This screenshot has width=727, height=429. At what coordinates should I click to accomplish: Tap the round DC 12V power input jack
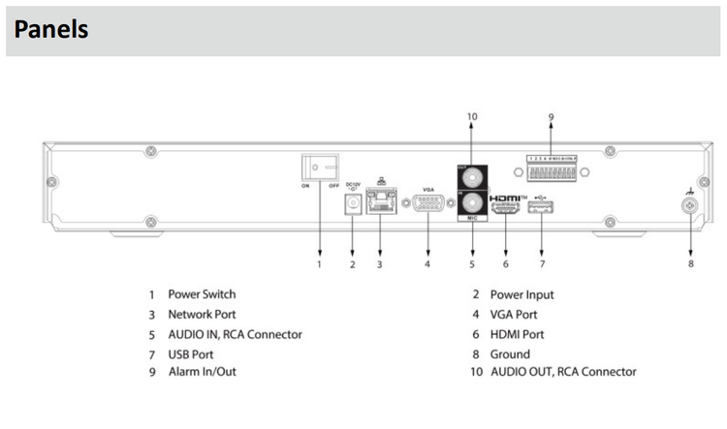[353, 203]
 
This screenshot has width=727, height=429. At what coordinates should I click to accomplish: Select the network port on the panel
[380, 204]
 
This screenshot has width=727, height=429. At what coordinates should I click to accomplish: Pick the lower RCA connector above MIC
[473, 204]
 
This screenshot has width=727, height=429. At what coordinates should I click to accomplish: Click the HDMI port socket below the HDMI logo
[505, 207]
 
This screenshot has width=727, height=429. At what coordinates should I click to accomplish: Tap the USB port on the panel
[541, 207]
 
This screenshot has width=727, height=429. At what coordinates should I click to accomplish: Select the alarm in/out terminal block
[550, 172]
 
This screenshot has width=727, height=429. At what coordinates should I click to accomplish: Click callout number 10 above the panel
[472, 117]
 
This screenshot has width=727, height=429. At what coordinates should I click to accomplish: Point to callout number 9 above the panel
[551, 117]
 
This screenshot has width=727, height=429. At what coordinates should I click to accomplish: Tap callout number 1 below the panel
[319, 263]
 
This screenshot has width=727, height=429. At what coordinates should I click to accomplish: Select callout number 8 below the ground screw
[691, 263]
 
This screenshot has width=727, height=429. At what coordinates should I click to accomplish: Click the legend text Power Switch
[202, 294]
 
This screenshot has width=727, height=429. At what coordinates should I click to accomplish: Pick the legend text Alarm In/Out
[202, 372]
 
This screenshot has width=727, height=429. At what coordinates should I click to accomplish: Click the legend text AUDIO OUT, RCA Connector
[563, 372]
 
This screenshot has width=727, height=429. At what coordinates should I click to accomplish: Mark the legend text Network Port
[202, 315]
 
